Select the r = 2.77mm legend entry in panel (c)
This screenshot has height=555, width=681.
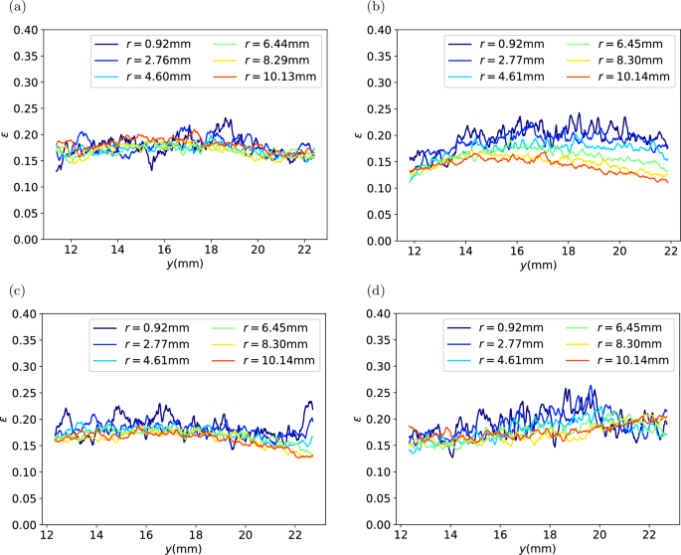pyautogui.click(x=148, y=345)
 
